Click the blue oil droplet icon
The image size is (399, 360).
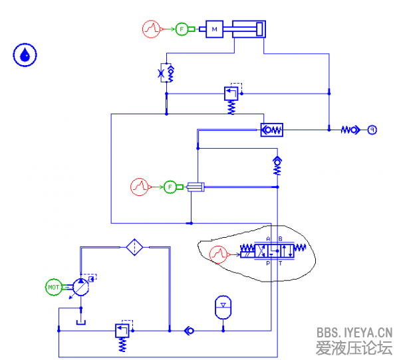click(x=25, y=55)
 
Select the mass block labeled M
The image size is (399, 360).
click(x=215, y=29)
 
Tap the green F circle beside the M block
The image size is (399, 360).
click(x=182, y=29)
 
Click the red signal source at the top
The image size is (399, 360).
click(x=152, y=29)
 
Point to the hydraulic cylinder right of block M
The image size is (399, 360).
click(x=248, y=29)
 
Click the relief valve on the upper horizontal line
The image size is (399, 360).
click(x=231, y=94)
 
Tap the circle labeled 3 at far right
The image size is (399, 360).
click(x=372, y=130)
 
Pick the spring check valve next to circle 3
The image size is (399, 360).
click(x=350, y=130)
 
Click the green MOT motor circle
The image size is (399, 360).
click(x=54, y=287)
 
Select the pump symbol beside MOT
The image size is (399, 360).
click(x=80, y=287)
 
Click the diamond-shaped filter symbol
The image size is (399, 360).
click(x=135, y=247)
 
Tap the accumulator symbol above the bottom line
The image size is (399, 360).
click(x=223, y=306)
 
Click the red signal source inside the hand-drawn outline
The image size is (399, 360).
click(x=217, y=253)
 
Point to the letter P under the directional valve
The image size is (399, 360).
click(x=269, y=263)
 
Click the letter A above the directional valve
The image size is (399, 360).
click(x=268, y=239)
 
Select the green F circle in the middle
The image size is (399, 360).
click(x=170, y=187)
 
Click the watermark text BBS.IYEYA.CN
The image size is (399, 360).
click(x=354, y=332)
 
